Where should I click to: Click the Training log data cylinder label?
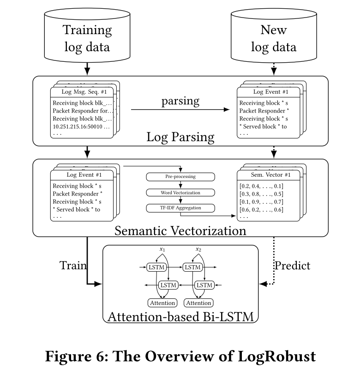tap(87, 39)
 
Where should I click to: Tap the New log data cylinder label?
tap(273, 39)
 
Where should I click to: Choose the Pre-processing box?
tap(180, 177)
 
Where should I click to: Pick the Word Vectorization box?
tap(180, 192)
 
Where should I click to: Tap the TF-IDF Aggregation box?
tap(180, 208)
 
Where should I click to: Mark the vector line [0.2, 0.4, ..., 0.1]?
tap(261, 186)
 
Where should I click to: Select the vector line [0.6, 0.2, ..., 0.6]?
tap(261, 210)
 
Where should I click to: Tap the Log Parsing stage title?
tap(180, 137)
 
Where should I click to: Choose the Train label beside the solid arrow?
tap(73, 266)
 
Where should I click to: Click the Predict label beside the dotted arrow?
tap(292, 266)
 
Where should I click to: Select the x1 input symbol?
tap(162, 249)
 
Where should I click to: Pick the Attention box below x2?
tap(198, 303)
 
